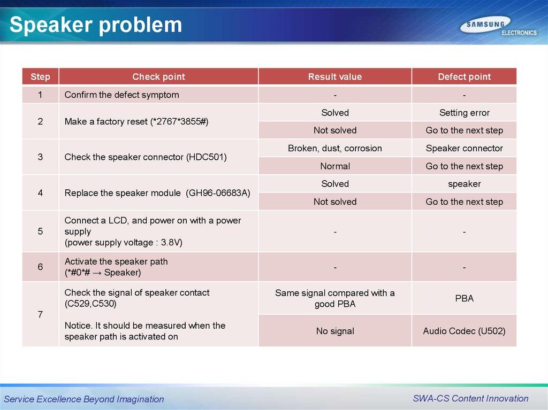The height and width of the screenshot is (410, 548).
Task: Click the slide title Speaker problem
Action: click(x=96, y=25)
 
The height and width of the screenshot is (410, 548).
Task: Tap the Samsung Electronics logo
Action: click(x=498, y=26)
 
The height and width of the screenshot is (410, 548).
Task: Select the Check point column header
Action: click(x=158, y=77)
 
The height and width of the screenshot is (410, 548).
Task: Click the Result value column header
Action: click(x=335, y=77)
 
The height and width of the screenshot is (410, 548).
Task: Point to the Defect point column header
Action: click(x=464, y=77)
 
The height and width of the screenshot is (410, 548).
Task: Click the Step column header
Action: click(x=40, y=77)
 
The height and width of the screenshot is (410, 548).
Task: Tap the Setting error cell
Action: click(x=464, y=113)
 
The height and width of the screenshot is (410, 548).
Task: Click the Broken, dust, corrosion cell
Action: click(x=335, y=149)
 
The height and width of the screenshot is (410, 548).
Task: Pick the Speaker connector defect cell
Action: click(x=464, y=149)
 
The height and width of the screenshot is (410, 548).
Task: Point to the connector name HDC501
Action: click(x=207, y=157)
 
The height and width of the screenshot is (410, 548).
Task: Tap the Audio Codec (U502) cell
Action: click(x=464, y=331)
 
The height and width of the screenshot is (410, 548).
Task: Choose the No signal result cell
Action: click(x=335, y=331)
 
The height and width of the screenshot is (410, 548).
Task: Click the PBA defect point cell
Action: click(x=464, y=299)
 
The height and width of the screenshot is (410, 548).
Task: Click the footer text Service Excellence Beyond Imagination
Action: click(x=84, y=399)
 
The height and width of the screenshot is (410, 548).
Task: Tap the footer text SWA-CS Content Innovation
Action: click(x=470, y=398)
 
